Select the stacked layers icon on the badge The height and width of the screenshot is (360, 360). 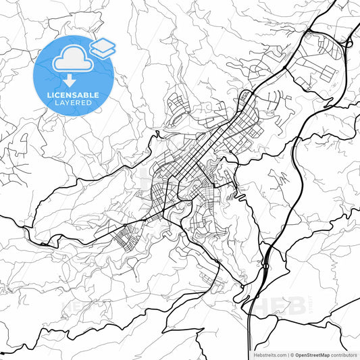point(103,47)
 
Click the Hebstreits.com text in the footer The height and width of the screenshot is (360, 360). point(267,355)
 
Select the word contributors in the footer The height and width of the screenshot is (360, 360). point(344,355)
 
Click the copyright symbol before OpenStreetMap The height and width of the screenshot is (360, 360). point(291,355)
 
